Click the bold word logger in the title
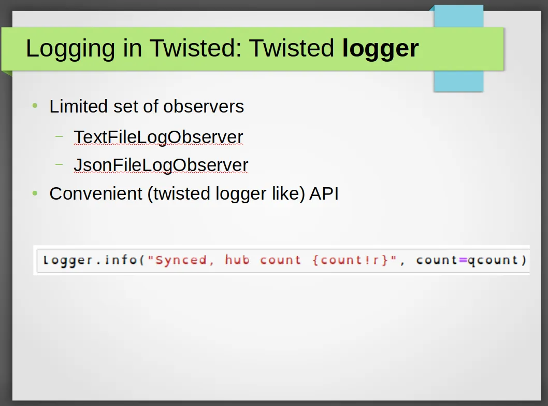[x=380, y=49]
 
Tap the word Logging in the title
[x=70, y=49]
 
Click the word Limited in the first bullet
[x=78, y=106]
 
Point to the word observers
[x=204, y=106]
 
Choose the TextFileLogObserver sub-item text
[x=158, y=137]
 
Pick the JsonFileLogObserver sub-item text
[x=161, y=165]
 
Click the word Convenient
[x=96, y=193]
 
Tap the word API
[x=324, y=193]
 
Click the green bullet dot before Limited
[x=35, y=105]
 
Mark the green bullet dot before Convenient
[x=35, y=193]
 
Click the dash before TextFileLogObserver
[x=60, y=136]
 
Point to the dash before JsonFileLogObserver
[x=60, y=164]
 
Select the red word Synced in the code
[x=181, y=260]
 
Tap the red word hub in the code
[x=237, y=260]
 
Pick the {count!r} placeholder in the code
[x=350, y=260]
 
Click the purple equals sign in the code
[x=463, y=260]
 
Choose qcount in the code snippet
[x=493, y=260]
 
